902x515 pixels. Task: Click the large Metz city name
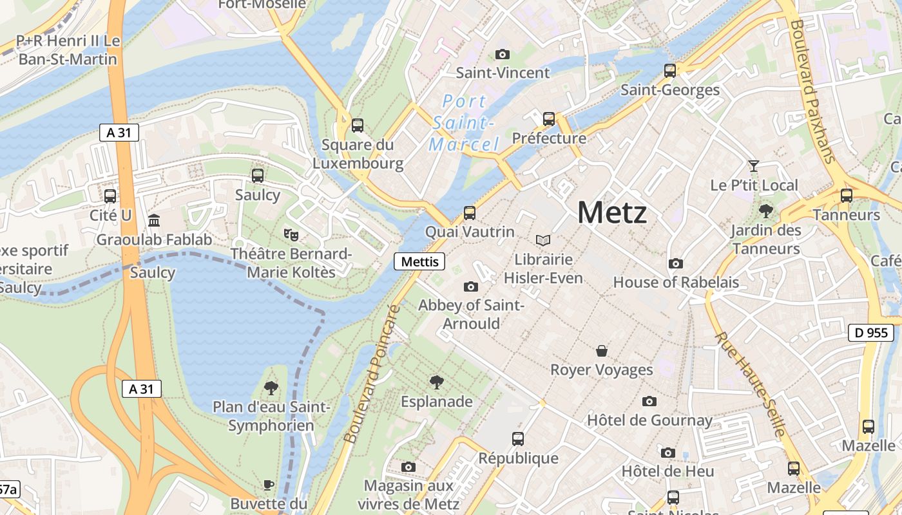(611, 212)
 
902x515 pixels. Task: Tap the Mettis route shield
(419, 261)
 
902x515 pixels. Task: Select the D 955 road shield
(871, 333)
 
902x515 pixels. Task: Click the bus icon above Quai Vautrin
(470, 212)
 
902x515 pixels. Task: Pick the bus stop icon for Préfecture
(548, 119)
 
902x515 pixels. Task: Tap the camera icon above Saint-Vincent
(503, 54)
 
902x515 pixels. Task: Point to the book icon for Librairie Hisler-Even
(543, 240)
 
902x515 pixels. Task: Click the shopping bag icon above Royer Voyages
(601, 351)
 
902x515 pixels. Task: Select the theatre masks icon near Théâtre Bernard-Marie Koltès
(291, 234)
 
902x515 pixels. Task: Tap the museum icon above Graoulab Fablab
(154, 221)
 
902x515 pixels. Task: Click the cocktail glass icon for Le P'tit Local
(753, 166)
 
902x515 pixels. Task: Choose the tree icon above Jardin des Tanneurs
(766, 211)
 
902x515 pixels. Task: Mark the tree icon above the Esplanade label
(436, 382)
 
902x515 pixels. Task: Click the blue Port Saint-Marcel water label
(464, 122)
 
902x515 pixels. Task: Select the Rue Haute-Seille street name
(750, 384)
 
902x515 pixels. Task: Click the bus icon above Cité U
(110, 196)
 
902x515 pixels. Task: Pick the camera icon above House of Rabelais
(675, 263)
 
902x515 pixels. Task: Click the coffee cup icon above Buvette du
(269, 484)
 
